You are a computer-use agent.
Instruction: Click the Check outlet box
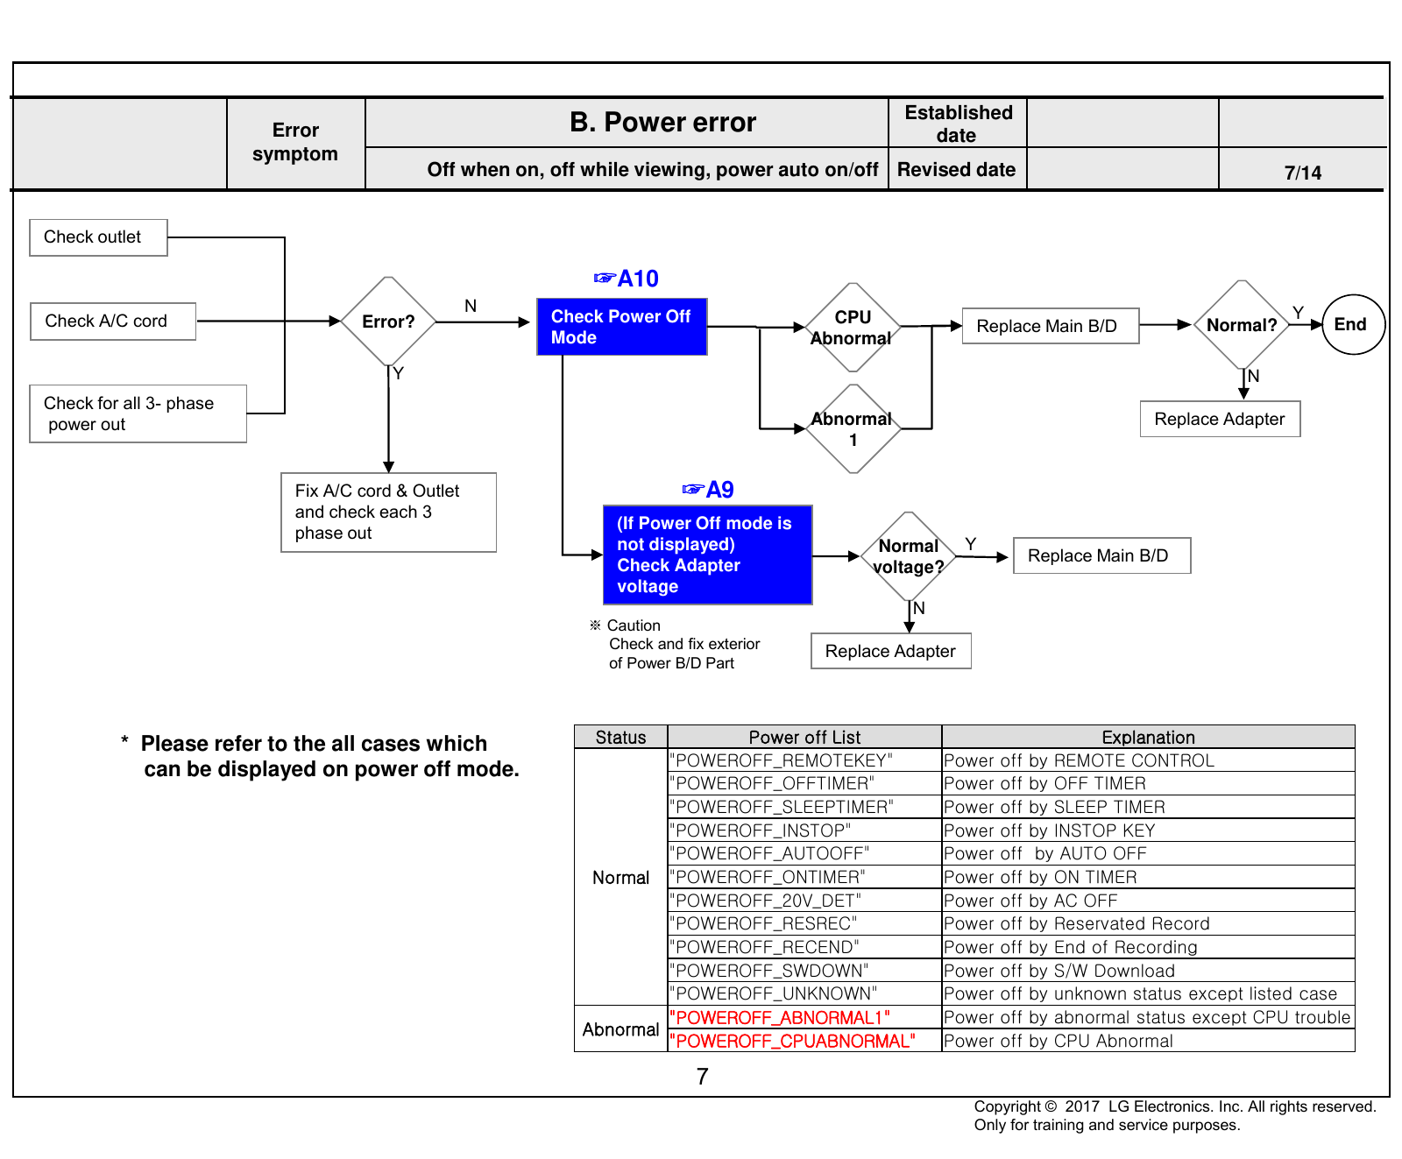tap(98, 237)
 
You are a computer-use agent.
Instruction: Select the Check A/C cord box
tap(113, 322)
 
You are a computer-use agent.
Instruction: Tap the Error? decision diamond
tap(388, 322)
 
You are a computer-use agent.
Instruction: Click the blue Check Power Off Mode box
tap(622, 327)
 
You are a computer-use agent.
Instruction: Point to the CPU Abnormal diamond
tap(853, 328)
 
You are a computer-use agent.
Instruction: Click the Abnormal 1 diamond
tap(853, 429)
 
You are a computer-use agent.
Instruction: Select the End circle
tap(1353, 324)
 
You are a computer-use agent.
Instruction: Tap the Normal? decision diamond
tap(1242, 325)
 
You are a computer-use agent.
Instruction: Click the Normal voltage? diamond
tap(909, 556)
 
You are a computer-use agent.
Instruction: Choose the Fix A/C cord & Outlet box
tap(389, 512)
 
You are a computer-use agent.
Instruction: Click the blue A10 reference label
tap(627, 279)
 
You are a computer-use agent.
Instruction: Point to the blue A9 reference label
tap(708, 490)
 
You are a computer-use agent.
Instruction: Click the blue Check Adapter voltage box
tap(708, 555)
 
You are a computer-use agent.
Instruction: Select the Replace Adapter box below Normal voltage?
tap(891, 651)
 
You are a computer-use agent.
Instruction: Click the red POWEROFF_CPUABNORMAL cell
tap(804, 1041)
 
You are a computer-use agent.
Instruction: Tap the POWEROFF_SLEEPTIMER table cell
tap(804, 807)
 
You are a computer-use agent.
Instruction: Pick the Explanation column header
tap(1148, 737)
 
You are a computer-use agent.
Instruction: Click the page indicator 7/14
tap(1303, 173)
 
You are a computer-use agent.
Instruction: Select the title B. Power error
tap(662, 122)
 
